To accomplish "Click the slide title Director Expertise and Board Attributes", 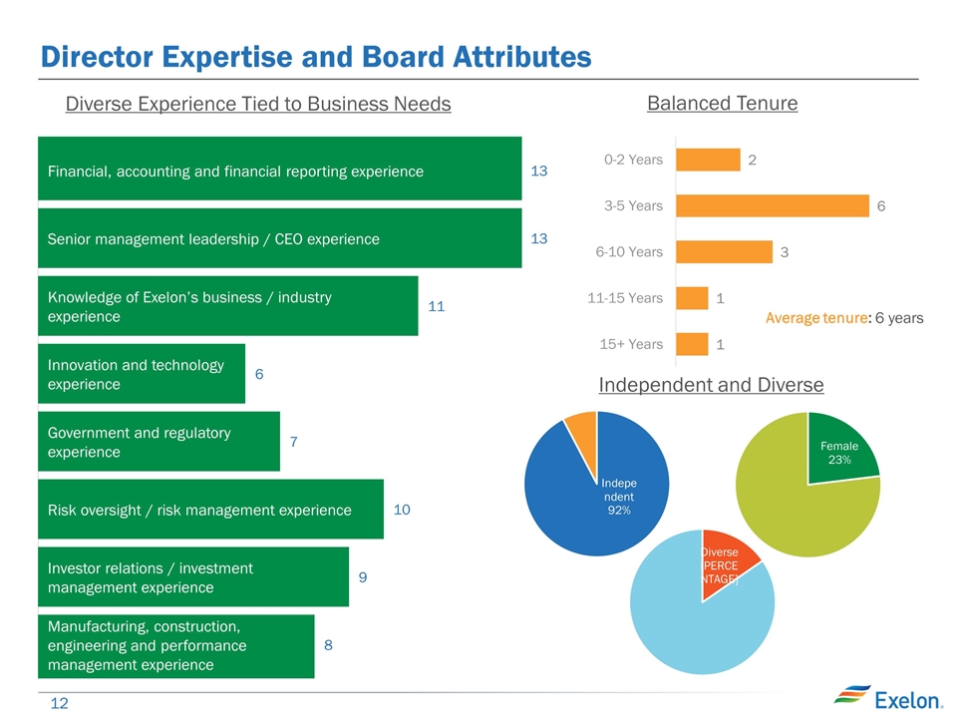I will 315,57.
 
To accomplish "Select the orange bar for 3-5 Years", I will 773,205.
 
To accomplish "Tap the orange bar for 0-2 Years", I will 708,160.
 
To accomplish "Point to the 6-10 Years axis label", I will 629,252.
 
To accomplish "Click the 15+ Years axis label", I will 631,344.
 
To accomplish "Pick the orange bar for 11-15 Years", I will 692,298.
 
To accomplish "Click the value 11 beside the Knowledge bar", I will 436,306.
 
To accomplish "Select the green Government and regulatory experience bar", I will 159,442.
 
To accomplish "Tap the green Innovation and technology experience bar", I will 141,374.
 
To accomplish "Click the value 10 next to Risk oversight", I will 402,510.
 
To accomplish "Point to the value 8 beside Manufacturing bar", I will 328,645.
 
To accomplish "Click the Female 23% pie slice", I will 839,450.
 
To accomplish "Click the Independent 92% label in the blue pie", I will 617,496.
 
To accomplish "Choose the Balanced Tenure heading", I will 723,103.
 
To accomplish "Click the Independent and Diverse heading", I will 711,385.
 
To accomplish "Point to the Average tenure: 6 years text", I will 843,318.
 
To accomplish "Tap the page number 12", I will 59,704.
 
